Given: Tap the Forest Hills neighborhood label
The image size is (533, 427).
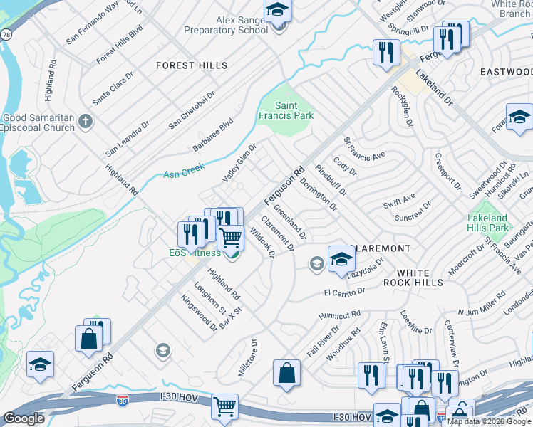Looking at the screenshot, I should click(192, 65).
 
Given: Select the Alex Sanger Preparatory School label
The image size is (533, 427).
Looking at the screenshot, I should click(226, 26).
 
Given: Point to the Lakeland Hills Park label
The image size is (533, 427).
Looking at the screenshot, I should click(488, 223).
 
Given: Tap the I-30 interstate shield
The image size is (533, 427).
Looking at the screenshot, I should click(123, 401).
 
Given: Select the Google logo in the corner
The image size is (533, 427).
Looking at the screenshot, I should click(24, 418).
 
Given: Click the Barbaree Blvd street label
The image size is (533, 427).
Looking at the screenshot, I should click(212, 135).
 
